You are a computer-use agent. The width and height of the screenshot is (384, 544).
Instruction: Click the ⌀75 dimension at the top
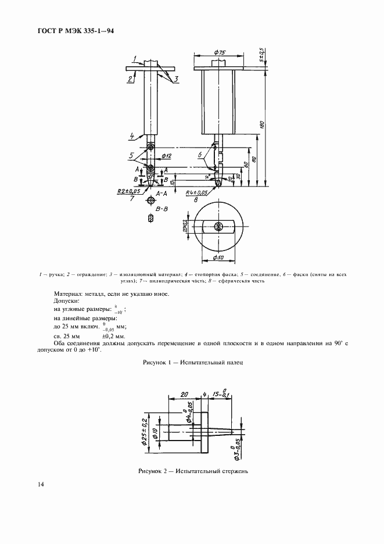(x=220, y=52)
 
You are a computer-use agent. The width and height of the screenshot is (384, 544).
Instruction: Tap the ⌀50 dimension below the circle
(x=218, y=257)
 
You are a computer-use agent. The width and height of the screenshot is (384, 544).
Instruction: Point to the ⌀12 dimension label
(x=165, y=156)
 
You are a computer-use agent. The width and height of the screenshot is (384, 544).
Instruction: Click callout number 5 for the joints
(x=132, y=156)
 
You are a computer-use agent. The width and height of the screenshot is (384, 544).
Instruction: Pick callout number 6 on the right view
(x=200, y=155)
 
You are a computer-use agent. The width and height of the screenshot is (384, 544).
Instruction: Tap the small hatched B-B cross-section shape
(x=151, y=219)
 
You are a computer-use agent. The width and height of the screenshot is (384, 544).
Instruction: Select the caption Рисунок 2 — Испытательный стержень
(x=193, y=471)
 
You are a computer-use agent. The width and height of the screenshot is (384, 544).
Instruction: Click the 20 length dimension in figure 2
(x=184, y=393)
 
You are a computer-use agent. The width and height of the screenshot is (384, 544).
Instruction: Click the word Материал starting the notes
(x=69, y=295)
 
